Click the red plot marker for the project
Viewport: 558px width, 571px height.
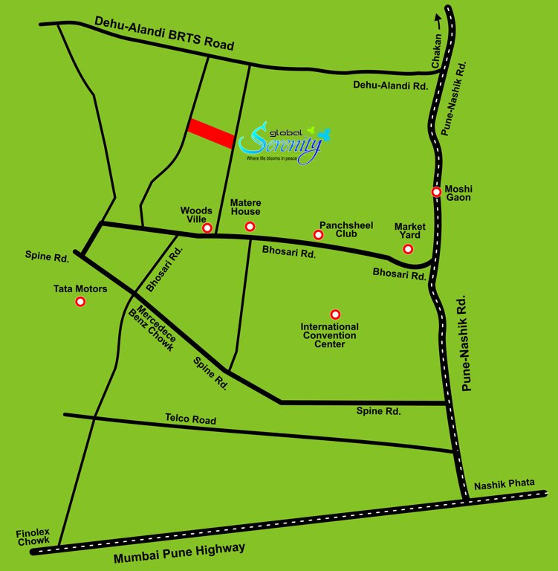[212, 133]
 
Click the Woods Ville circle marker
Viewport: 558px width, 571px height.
[207, 228]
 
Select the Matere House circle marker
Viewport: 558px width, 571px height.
[250, 226]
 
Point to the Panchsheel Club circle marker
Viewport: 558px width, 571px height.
[318, 235]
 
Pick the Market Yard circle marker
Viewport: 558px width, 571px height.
[408, 248]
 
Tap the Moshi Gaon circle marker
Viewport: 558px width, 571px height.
[437, 192]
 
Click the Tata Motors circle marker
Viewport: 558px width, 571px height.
[80, 302]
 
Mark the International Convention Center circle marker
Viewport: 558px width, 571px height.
[335, 314]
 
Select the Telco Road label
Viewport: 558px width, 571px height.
[190, 420]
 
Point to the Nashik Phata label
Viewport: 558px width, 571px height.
[505, 483]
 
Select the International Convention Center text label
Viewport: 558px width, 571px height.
[329, 335]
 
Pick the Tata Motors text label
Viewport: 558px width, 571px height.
[80, 288]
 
